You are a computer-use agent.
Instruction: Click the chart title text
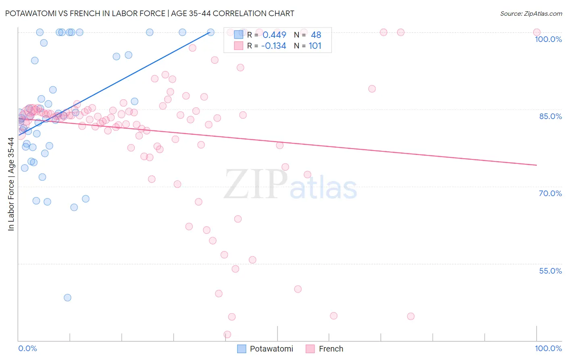(x=150, y=13)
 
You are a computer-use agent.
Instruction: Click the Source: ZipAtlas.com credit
(x=531, y=13)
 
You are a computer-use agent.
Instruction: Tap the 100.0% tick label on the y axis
(x=548, y=39)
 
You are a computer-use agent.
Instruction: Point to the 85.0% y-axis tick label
(x=550, y=116)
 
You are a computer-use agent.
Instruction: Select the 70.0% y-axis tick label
(x=550, y=193)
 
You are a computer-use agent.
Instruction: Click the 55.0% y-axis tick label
(x=550, y=271)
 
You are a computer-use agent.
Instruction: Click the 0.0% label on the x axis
(x=27, y=348)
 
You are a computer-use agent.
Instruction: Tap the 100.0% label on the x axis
(x=548, y=348)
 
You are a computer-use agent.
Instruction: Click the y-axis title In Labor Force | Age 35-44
(x=11, y=184)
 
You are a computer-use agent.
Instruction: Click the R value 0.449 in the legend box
(x=274, y=35)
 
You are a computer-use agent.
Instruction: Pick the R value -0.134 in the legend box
(x=273, y=46)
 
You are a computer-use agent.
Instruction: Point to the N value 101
(x=315, y=46)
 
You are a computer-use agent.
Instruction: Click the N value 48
(x=316, y=35)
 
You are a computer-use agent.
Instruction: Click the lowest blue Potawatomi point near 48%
(x=67, y=297)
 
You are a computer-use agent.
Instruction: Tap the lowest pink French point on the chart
(x=227, y=335)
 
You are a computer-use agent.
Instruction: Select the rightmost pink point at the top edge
(x=536, y=32)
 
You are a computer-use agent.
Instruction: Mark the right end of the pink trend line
(x=536, y=165)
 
